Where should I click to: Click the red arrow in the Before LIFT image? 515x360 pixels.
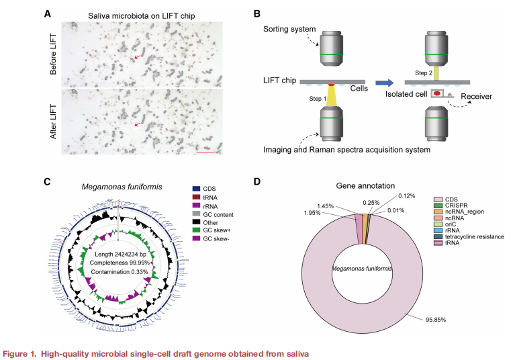click(137, 58)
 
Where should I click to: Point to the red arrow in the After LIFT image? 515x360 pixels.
click(137, 124)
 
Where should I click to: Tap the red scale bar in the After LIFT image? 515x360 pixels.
click(205, 152)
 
